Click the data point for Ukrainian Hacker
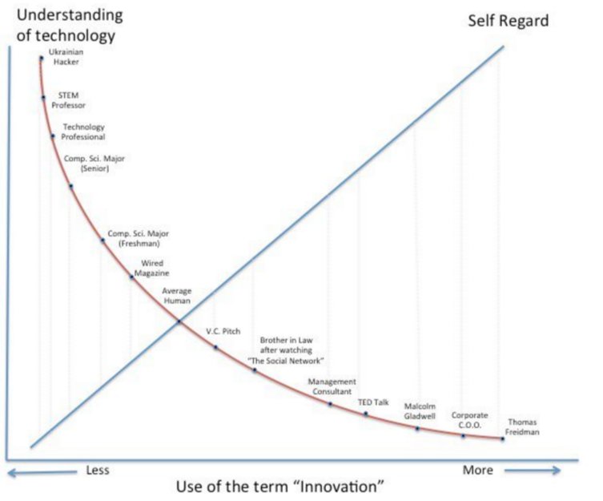tap(40, 57)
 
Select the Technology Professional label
tap(83, 132)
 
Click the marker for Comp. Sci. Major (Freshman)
tap(103, 240)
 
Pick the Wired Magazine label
tap(155, 269)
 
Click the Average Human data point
tap(179, 321)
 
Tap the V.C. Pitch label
tap(223, 330)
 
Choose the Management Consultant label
tap(332, 386)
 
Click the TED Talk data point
tap(366, 414)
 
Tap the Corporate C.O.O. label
tap(468, 420)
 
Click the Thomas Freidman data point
tap(503, 438)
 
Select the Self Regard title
tap(509, 21)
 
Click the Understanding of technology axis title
tap(65, 26)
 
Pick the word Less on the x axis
tap(97, 470)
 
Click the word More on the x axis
tap(477, 470)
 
